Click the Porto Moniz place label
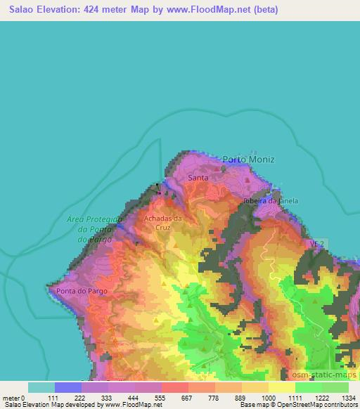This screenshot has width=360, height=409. tap(248, 160)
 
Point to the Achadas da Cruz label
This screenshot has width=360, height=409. tap(163, 223)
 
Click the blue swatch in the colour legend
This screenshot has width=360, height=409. tap(68, 387)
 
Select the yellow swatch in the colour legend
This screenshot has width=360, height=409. tap(282, 387)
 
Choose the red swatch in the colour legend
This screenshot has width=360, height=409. tap(175, 387)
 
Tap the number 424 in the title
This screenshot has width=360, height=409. tap(98, 10)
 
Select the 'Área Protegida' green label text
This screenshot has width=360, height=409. tap(94, 219)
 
